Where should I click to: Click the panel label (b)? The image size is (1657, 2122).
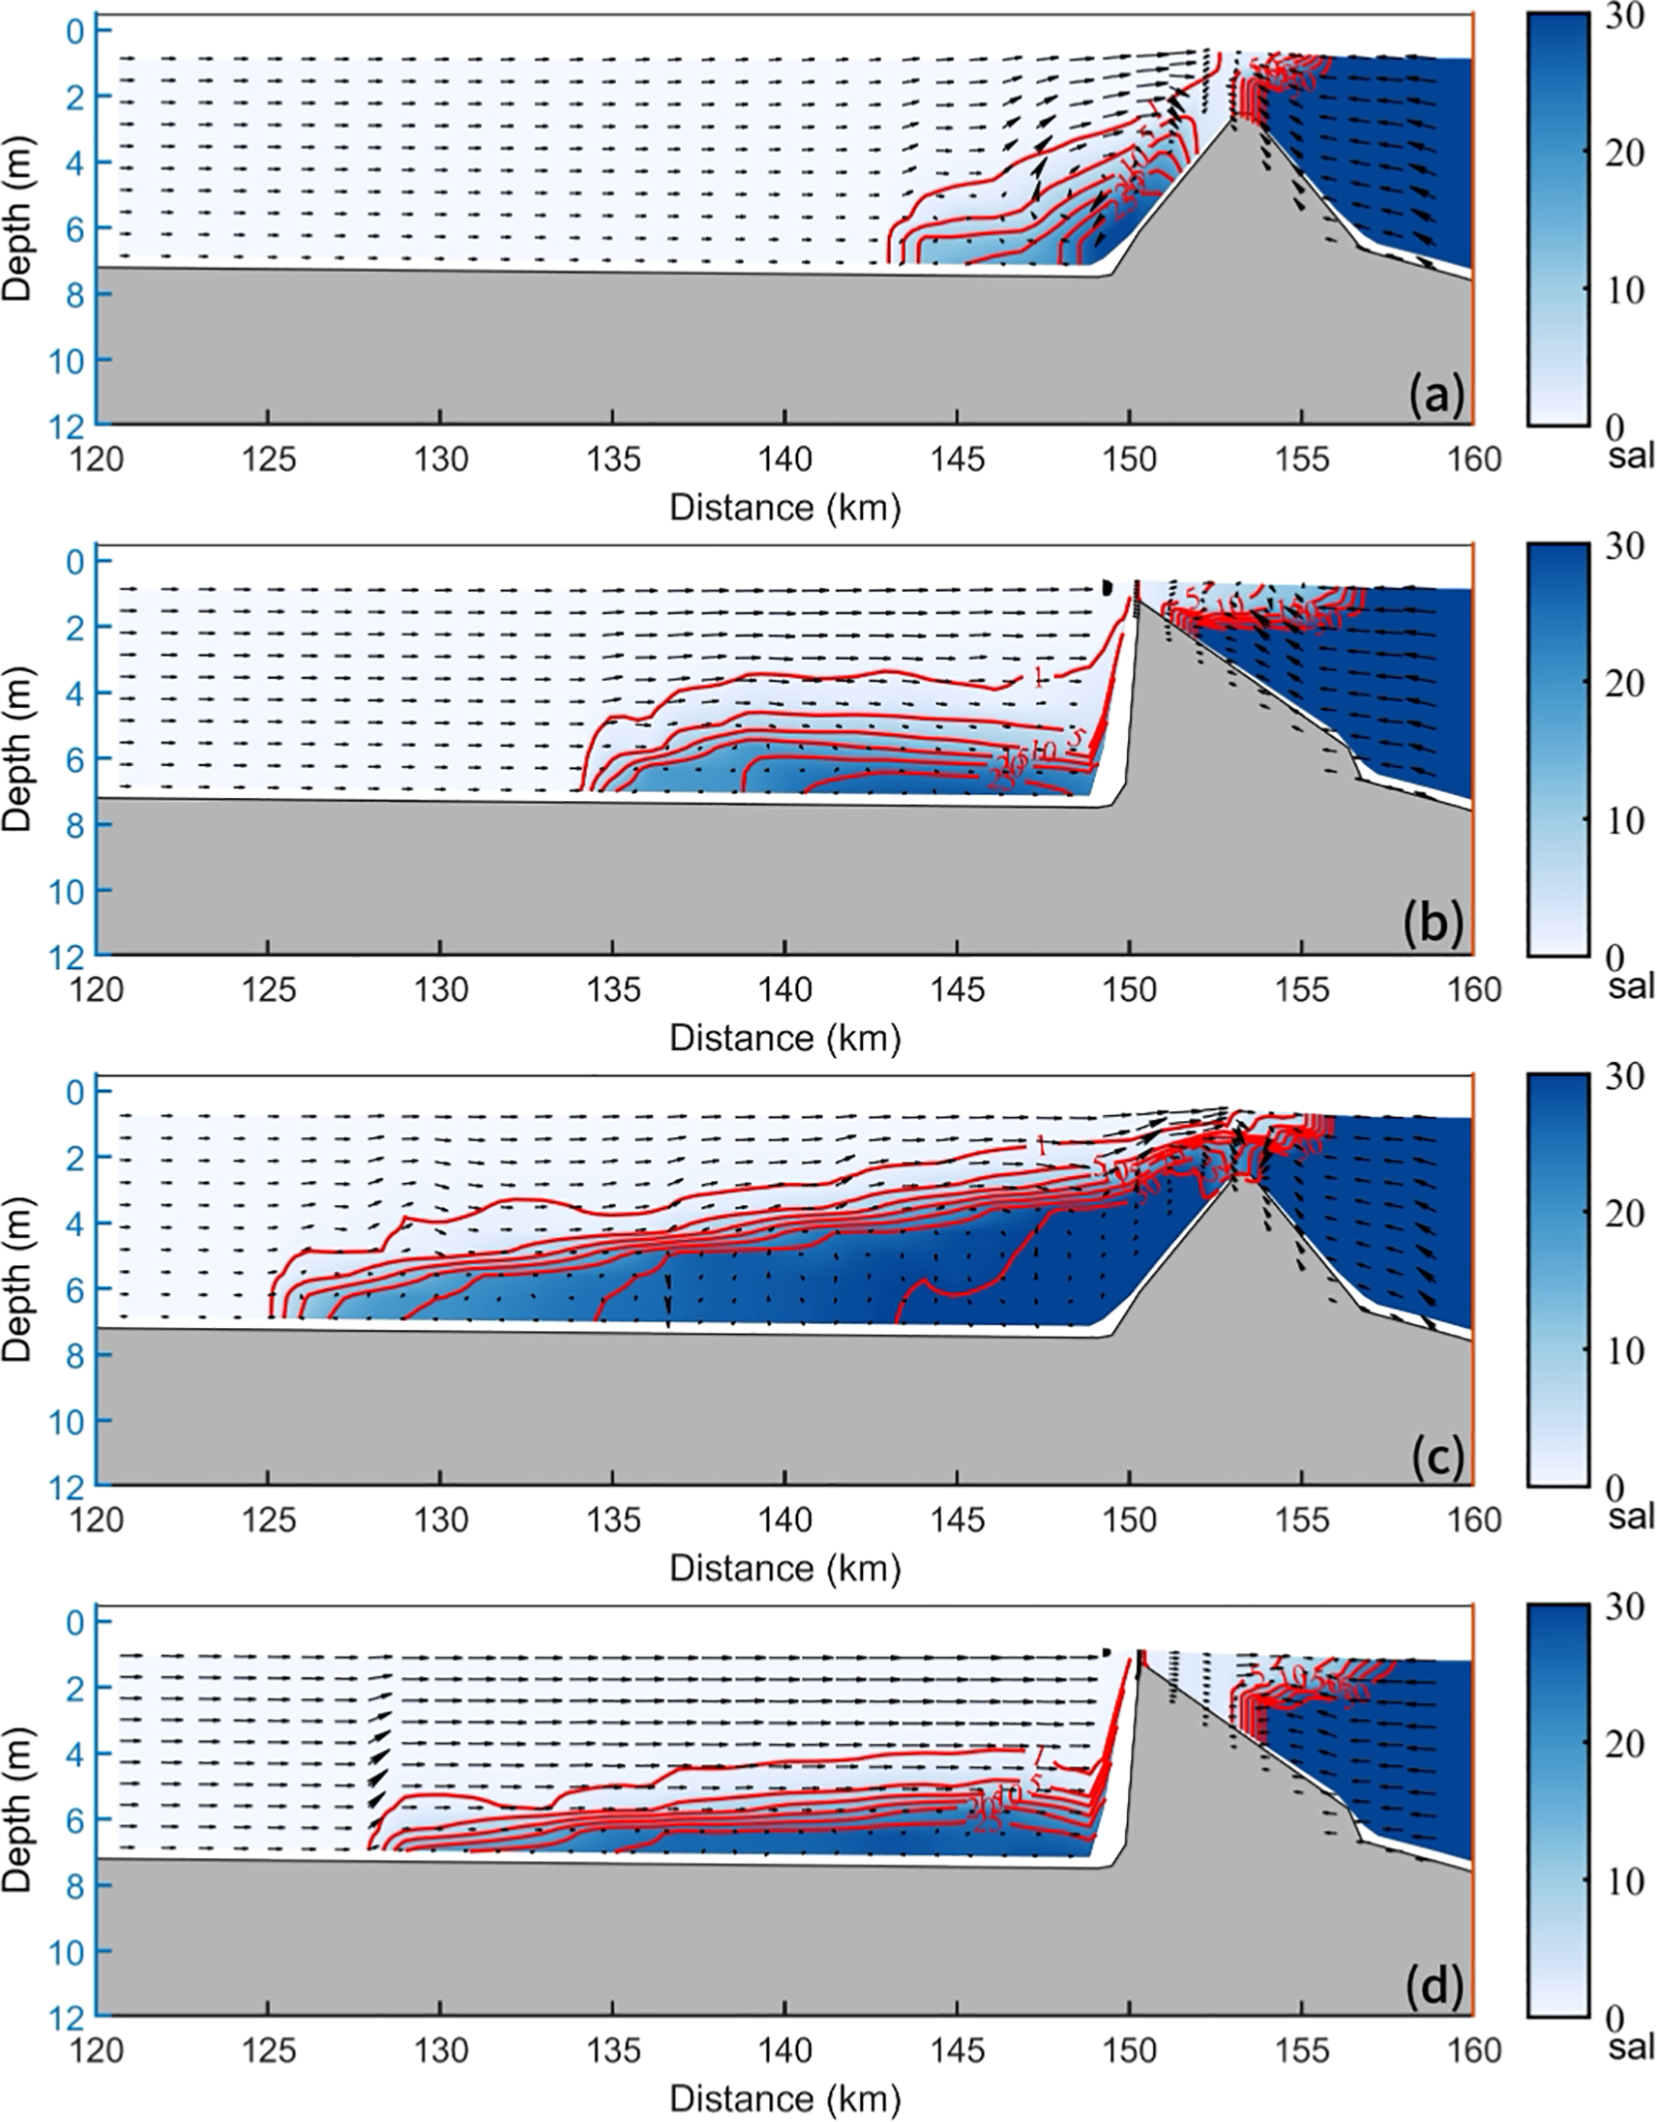tap(1435, 926)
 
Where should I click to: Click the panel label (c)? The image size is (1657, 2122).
tap(1435, 1457)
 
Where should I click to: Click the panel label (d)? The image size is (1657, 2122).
tap(1435, 1987)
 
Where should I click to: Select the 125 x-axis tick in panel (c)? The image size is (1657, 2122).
tap(269, 1518)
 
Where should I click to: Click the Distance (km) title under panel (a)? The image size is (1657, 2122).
tap(785, 507)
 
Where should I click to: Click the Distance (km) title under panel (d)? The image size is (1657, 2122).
tap(785, 2099)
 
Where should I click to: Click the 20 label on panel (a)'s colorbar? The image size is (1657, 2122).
tap(1619, 153)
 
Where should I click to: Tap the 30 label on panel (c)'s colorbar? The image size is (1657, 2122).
tap(1619, 1076)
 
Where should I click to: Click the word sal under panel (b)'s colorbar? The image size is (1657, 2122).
tap(1631, 987)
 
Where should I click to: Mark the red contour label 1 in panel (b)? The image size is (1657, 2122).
tap(1039, 677)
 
